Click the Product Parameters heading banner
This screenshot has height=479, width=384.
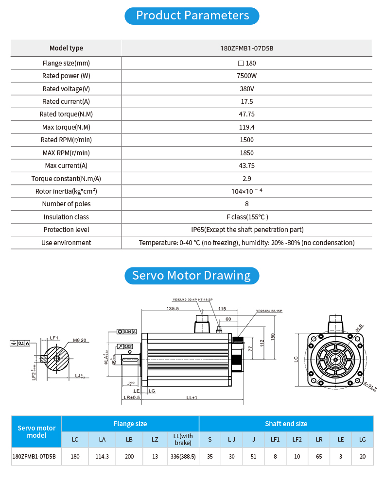192,16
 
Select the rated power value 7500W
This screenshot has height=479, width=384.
247,76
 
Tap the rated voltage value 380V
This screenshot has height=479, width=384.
247,89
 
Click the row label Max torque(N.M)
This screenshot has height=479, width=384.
66,127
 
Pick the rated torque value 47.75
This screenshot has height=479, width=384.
247,114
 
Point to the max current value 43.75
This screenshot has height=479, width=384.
247,165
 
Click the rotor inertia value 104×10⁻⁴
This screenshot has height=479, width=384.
247,191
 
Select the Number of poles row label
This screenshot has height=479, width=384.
66,204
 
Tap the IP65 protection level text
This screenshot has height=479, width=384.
247,230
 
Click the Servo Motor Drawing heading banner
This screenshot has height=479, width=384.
192,276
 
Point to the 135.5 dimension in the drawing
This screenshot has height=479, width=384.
173,308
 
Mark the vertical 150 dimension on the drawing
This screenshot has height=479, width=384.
273,336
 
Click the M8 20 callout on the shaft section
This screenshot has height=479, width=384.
79,340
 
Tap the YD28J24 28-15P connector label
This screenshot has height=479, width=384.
269,311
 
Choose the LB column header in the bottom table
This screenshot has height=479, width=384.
129,440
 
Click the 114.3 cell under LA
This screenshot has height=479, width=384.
102,457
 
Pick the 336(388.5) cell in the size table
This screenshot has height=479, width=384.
183,457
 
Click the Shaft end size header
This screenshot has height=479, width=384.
286,424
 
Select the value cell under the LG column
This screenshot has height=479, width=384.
362,457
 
